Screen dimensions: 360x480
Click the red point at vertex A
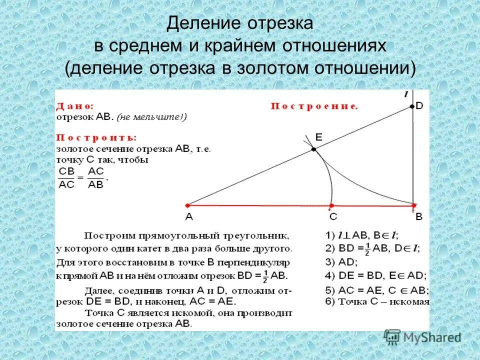pos(187,205)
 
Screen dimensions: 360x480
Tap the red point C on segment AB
pos(331,205)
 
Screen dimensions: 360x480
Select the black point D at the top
pos(412,106)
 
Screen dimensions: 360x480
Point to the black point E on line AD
pos(313,149)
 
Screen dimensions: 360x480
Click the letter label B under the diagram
pos(419,217)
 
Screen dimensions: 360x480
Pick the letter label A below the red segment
pos(188,217)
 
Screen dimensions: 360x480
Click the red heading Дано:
pos(75,106)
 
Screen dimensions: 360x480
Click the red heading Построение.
pos(314,106)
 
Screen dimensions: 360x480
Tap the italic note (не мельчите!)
pos(151,117)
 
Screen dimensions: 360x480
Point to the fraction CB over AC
pos(67,176)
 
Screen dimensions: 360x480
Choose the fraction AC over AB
pos(95,176)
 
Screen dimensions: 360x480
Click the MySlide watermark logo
pos(422,337)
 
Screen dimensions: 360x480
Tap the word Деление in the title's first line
pos(197,22)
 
